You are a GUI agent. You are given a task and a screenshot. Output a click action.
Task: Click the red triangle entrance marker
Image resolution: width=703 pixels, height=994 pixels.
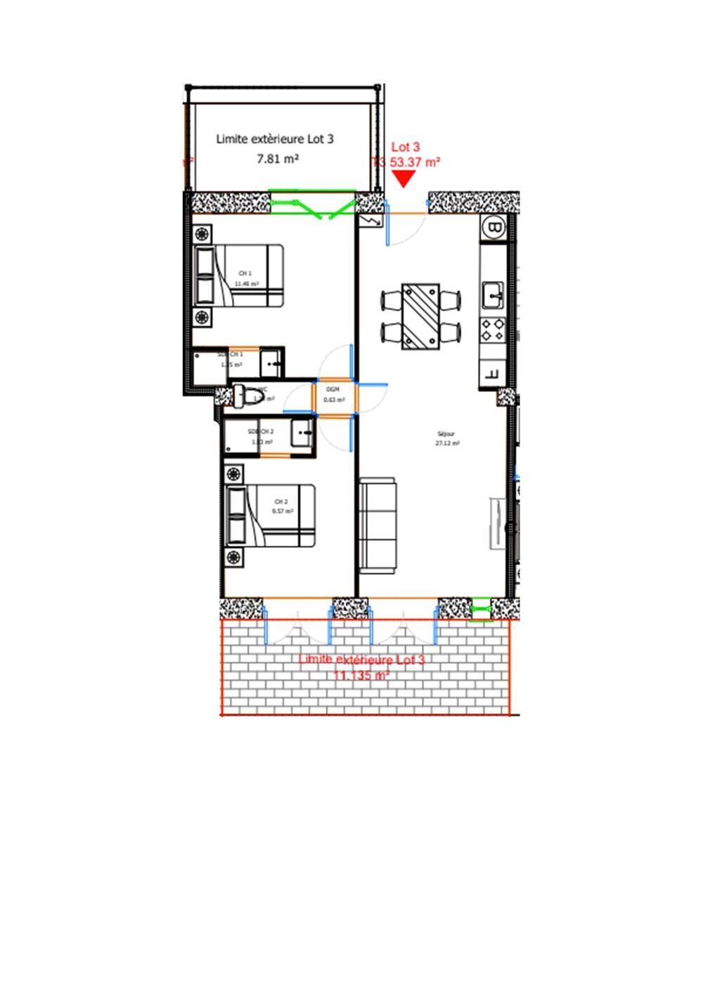pos(404,179)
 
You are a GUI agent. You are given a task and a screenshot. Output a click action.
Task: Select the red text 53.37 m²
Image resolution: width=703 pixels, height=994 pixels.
pos(415,162)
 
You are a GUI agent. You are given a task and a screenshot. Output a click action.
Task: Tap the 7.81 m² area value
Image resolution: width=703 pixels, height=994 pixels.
pos(278,159)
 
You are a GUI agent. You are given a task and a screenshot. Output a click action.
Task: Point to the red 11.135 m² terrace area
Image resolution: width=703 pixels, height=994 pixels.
pos(361,675)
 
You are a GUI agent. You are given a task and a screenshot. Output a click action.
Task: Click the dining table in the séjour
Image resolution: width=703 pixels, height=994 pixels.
pos(421,316)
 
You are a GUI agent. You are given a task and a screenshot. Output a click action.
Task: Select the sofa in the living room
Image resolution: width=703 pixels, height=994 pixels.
pos(378,526)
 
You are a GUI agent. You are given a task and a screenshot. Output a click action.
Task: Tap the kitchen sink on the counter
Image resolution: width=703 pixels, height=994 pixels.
pos(493,295)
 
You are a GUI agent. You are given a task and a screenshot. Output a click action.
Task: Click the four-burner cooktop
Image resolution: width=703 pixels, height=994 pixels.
pos(493,329)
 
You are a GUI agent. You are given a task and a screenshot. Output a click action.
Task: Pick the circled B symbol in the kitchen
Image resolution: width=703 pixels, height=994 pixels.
pos(494,227)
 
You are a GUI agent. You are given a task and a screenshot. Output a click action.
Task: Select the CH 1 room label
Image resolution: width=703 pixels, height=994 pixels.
pos(245,273)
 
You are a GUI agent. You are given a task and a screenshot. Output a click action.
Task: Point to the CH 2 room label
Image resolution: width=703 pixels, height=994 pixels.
pos(281,502)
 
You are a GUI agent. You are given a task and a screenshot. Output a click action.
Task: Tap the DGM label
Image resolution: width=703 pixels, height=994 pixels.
pos(333,389)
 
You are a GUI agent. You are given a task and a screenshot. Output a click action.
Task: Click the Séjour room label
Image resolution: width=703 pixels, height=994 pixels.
pos(446,434)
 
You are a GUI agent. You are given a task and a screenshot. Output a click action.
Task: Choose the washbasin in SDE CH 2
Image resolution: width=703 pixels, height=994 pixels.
pos(302,432)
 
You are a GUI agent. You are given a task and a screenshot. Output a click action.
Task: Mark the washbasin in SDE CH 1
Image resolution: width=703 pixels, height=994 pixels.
pos(271,363)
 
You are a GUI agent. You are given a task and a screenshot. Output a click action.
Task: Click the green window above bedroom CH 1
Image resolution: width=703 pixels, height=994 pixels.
pos(313,204)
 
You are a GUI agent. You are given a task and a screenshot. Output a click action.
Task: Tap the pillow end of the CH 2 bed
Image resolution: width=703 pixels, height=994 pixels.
pos(237,516)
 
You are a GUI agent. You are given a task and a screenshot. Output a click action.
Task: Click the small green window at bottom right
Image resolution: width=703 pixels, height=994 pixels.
pos(481,609)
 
